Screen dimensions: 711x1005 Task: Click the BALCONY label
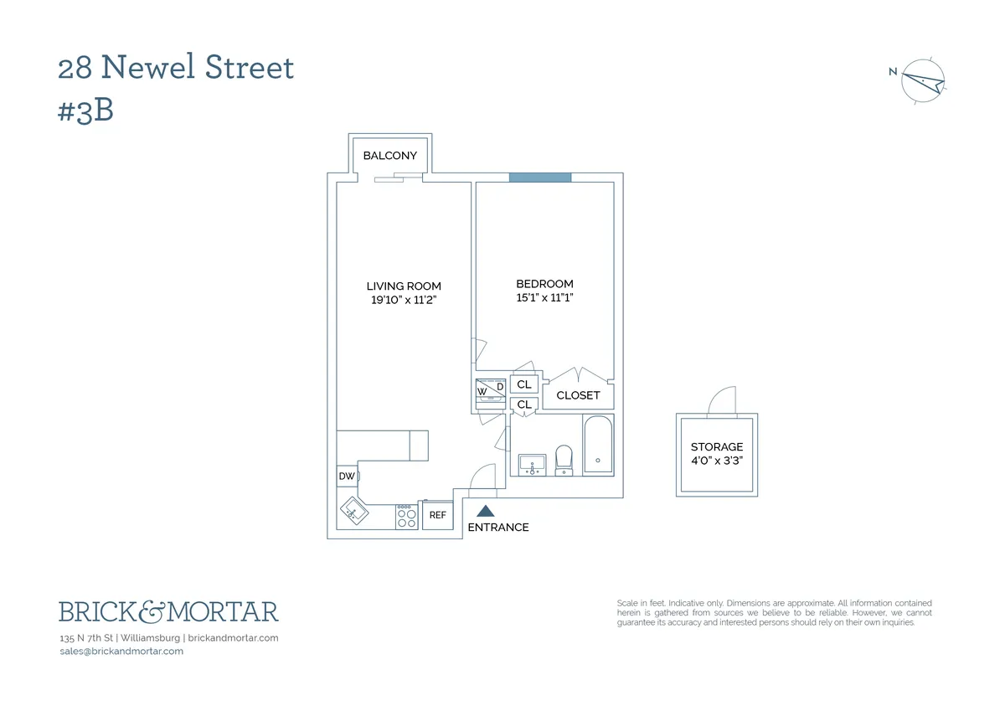click(389, 156)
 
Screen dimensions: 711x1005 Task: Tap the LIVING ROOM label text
click(404, 286)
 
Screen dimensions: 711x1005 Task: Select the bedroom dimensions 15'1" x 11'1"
click(544, 297)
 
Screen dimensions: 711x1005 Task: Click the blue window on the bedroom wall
click(540, 177)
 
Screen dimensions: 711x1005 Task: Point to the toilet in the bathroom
click(564, 459)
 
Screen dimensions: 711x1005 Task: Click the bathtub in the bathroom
click(598, 444)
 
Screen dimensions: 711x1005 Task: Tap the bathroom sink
click(532, 463)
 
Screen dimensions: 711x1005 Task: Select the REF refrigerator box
click(437, 515)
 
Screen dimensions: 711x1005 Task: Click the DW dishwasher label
click(346, 477)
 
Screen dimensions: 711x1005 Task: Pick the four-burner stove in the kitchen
click(406, 516)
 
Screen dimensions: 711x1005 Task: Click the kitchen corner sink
click(353, 508)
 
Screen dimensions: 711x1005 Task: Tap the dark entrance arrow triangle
click(486, 510)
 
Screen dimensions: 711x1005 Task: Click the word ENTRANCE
click(498, 528)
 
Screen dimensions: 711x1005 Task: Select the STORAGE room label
click(717, 447)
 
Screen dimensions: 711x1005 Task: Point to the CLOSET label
click(578, 395)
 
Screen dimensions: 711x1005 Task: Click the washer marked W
click(482, 391)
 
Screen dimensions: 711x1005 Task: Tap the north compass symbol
click(925, 82)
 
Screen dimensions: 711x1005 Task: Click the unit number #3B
click(85, 111)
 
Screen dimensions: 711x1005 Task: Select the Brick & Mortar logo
click(168, 611)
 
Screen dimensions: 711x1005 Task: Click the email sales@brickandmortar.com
click(121, 652)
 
